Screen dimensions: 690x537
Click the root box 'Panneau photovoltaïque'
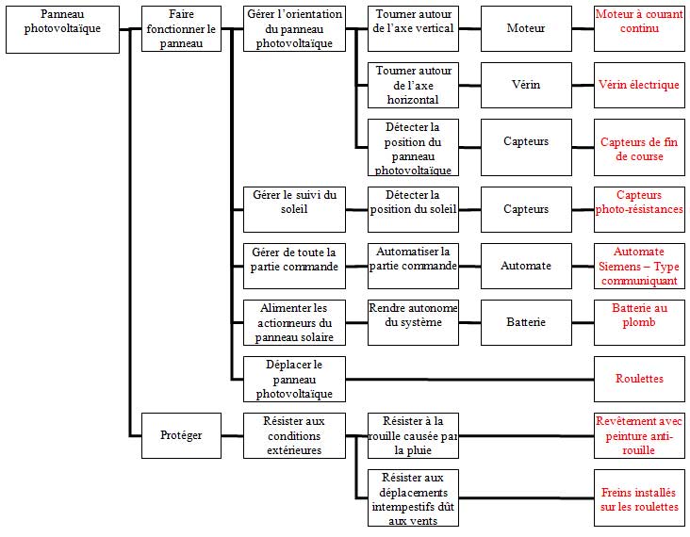(62, 29)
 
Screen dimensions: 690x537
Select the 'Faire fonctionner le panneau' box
(181, 28)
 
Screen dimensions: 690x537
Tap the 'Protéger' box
(181, 435)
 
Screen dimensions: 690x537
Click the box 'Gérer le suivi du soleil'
(294, 209)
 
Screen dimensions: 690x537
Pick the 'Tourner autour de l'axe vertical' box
(413, 28)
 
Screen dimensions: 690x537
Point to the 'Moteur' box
(526, 28)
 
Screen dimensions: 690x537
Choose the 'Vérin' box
(526, 85)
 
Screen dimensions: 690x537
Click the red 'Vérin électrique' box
(639, 85)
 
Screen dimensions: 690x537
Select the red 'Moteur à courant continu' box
(639, 28)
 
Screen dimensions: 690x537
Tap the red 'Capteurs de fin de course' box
(639, 147)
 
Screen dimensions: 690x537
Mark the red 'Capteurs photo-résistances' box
(639, 209)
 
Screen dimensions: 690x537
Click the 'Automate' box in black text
(526, 266)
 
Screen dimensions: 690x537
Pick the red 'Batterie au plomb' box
(639, 322)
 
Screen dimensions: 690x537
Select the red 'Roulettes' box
(639, 379)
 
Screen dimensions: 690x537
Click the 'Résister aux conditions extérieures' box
(294, 435)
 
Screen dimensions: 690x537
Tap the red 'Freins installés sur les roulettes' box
(639, 497)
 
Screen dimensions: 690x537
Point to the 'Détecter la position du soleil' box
(413, 209)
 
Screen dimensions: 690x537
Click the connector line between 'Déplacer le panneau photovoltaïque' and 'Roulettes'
(469, 379)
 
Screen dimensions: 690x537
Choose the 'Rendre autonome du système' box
(413, 322)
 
